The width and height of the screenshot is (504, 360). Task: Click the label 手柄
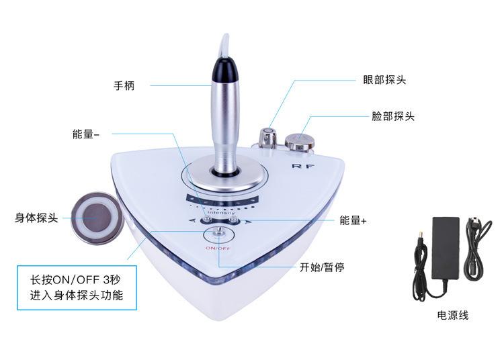tap(124, 86)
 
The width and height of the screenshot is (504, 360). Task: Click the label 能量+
tap(353, 220)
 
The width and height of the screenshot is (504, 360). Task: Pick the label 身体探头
tap(37, 218)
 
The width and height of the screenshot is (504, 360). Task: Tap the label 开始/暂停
tap(323, 267)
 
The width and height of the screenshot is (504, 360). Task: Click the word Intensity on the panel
tap(221, 212)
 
